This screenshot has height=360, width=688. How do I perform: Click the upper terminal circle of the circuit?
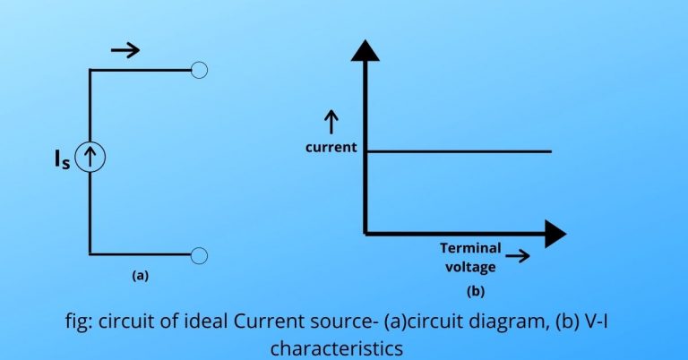(x=200, y=70)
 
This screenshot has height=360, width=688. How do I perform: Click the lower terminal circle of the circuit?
(x=200, y=255)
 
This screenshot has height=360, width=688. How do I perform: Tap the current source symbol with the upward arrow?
(x=90, y=159)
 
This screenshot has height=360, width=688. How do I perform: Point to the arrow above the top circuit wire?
(x=125, y=50)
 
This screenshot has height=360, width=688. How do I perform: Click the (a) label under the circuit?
(x=140, y=276)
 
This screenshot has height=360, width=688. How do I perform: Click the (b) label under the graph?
(x=474, y=290)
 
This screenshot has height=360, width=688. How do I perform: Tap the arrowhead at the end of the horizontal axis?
(x=555, y=234)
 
